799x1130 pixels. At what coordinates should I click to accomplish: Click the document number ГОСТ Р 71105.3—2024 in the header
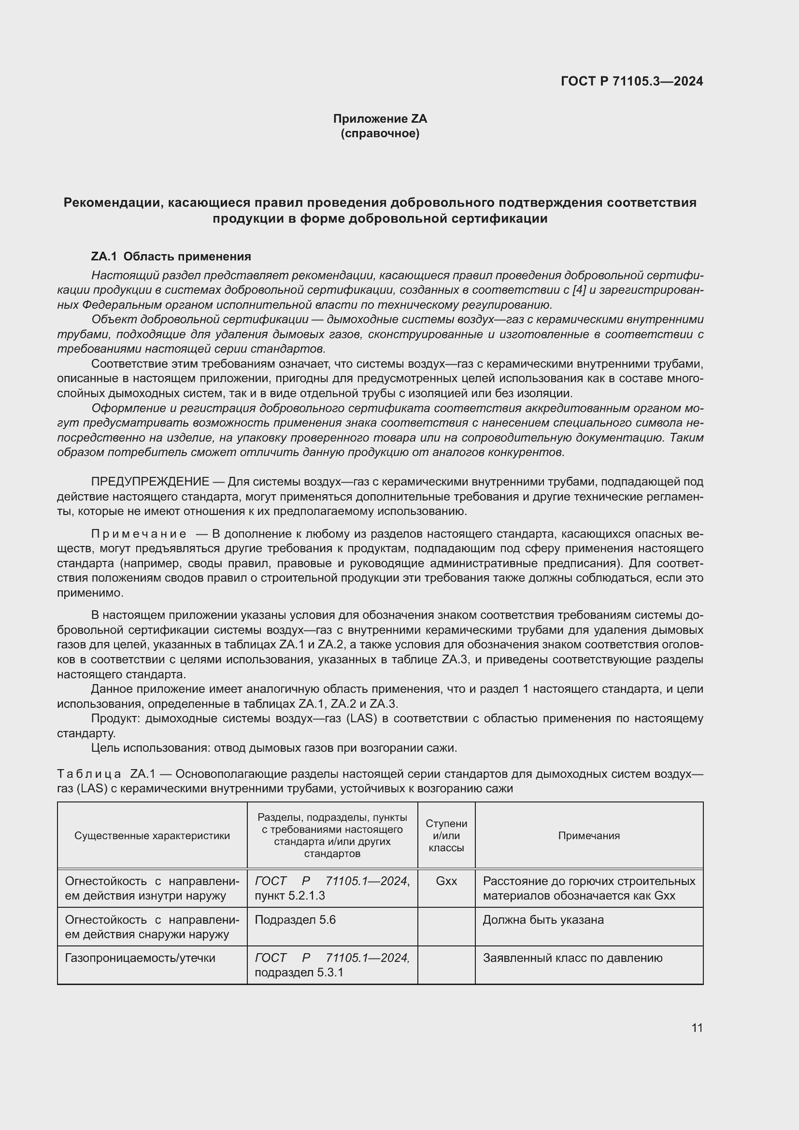632,81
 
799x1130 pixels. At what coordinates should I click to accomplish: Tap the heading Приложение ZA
380,119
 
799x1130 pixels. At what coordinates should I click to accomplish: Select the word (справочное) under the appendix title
380,133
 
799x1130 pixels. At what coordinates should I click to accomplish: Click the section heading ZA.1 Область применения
171,257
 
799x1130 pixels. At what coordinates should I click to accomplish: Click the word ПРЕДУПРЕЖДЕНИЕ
150,481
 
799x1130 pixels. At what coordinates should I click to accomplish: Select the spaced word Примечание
139,534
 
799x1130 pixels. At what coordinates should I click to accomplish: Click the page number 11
697,1028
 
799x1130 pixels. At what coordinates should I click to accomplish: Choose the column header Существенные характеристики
152,836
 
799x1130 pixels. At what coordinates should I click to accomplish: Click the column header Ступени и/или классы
446,836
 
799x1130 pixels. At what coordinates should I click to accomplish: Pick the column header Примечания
588,836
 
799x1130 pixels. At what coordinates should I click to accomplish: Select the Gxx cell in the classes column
446,881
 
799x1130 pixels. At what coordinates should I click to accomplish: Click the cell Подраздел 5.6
295,920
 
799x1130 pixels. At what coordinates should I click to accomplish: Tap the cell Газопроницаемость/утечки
140,958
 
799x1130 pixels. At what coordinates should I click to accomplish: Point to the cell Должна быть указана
543,920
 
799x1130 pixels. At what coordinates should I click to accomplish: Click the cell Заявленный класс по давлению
573,958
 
